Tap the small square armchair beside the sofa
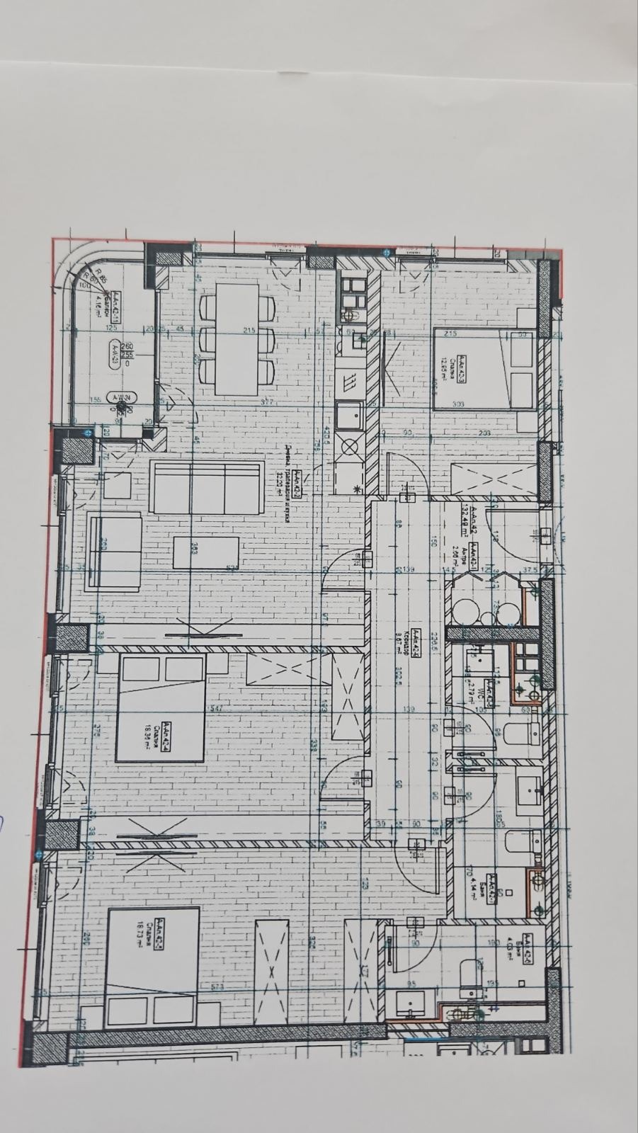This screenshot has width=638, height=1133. [x=118, y=486]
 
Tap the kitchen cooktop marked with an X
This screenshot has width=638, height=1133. [x=350, y=447]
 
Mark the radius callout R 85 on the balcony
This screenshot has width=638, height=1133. [x=100, y=280]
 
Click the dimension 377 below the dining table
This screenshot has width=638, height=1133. [x=248, y=403]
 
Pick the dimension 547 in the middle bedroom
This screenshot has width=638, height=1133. [x=198, y=708]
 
